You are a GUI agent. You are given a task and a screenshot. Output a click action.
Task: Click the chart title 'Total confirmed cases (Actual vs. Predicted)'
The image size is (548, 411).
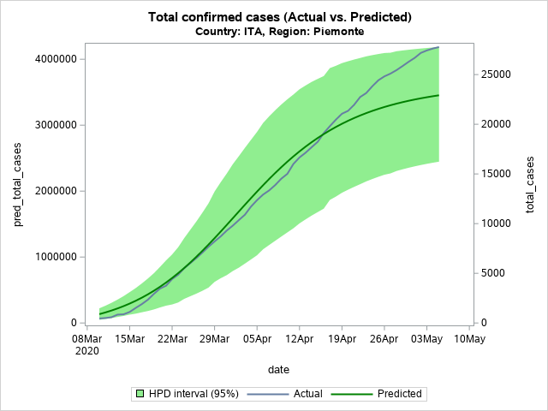[x=279, y=17]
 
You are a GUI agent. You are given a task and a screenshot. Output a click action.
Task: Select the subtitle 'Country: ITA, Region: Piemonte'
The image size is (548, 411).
[x=279, y=32]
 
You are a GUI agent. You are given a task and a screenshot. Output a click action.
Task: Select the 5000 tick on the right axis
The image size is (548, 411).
[x=493, y=273]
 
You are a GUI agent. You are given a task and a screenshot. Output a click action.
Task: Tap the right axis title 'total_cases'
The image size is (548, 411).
[x=530, y=185]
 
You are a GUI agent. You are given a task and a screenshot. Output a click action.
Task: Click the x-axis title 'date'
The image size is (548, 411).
[x=277, y=370]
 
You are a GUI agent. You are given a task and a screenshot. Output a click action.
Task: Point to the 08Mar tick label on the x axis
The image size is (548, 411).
[x=86, y=339]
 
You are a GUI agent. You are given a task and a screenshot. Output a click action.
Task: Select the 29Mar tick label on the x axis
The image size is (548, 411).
[x=214, y=339]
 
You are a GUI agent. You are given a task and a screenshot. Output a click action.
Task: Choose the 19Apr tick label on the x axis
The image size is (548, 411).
[x=342, y=339]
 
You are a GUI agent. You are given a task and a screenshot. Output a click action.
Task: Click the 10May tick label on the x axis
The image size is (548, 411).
[x=469, y=339]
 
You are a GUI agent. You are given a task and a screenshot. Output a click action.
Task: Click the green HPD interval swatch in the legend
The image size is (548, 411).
[x=137, y=394]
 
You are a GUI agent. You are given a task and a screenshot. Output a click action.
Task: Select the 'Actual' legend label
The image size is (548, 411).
[x=307, y=394]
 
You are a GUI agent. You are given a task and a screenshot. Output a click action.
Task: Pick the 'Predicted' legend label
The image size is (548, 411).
[x=399, y=394]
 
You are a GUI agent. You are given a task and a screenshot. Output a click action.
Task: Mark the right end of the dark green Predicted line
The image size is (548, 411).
[x=438, y=95]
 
